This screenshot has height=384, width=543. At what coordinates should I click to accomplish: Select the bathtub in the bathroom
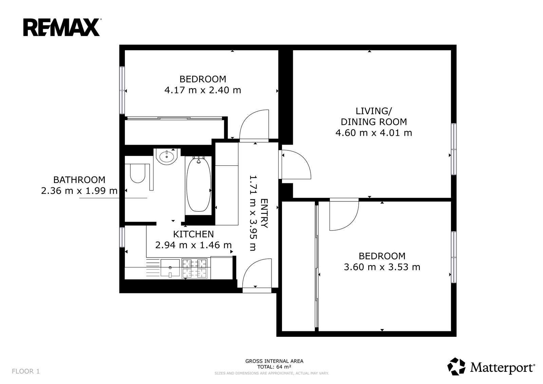click(x=199, y=185)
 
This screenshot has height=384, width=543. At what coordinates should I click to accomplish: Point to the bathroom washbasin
click(x=167, y=157)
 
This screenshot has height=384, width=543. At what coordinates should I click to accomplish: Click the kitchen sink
click(x=170, y=268)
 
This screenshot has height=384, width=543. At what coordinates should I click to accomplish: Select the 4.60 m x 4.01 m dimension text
click(x=374, y=133)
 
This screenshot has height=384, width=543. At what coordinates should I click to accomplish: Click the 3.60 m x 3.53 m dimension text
click(x=382, y=267)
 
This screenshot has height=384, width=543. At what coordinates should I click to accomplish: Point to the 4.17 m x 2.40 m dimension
click(x=203, y=90)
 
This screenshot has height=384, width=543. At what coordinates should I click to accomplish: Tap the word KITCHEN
click(x=193, y=234)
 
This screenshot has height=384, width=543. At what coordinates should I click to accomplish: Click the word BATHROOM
click(x=79, y=180)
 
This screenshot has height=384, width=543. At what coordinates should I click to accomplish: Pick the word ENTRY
click(x=264, y=214)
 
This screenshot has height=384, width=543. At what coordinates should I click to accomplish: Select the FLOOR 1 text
click(x=26, y=371)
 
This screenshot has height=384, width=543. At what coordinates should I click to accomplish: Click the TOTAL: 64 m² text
click(x=274, y=367)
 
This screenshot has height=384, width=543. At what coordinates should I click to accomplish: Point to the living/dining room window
click(x=453, y=149)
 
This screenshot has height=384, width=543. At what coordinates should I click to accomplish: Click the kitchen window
click(x=122, y=237)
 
